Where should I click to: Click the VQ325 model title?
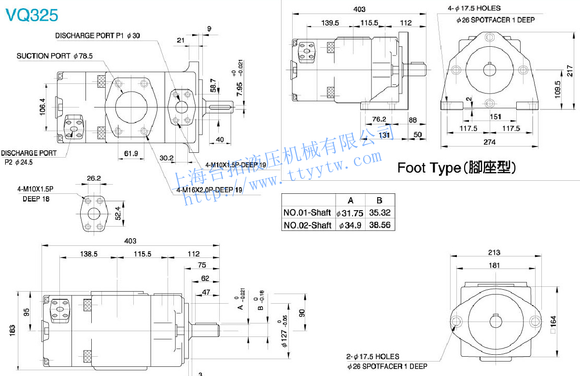pos(31,15)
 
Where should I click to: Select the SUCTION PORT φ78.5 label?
pos(55,56)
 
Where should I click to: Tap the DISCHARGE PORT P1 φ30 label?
pos(98,36)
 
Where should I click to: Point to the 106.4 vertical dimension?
pos(42,107)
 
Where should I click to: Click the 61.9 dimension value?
pos(131,153)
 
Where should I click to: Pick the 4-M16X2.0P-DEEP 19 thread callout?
pos(209,190)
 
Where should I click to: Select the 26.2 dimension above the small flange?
pos(94,178)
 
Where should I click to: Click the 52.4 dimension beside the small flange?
pos(118,213)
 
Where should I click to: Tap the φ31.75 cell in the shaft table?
pos(350,213)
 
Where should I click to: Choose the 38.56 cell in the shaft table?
pos(380,225)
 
